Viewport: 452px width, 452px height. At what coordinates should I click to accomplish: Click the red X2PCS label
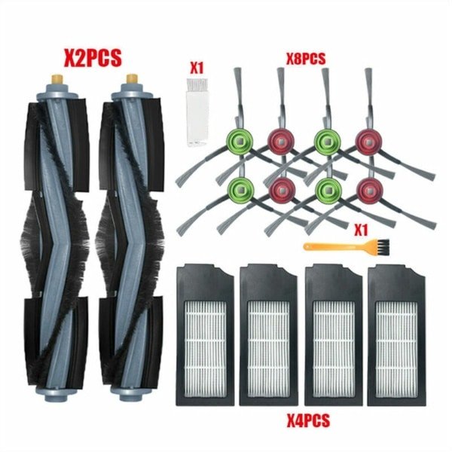click(93, 59)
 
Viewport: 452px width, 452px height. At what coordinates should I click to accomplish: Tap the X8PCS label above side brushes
click(306, 59)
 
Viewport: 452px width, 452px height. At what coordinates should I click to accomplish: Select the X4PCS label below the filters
click(308, 420)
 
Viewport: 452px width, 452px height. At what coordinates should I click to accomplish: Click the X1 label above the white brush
click(197, 68)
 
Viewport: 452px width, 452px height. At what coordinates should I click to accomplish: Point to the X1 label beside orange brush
click(361, 231)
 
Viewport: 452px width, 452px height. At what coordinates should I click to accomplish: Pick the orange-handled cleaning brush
click(347, 248)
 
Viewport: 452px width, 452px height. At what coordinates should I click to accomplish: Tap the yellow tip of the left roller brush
click(56, 79)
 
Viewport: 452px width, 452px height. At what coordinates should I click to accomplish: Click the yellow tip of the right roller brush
click(132, 79)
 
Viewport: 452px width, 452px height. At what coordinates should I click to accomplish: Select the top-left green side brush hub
click(240, 142)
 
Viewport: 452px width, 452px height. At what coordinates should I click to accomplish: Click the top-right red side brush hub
click(368, 142)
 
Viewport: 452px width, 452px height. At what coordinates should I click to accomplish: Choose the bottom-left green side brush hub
click(241, 191)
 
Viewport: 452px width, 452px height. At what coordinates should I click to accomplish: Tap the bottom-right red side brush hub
click(369, 191)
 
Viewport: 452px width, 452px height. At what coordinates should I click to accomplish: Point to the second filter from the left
click(269, 335)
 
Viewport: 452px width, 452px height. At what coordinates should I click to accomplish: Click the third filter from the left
click(334, 335)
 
